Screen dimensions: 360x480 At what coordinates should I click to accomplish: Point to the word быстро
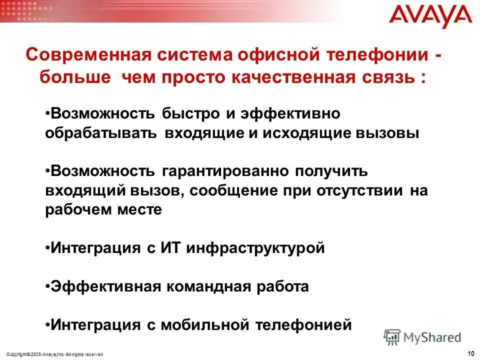(190, 114)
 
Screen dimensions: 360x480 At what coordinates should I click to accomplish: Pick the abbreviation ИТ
(170, 248)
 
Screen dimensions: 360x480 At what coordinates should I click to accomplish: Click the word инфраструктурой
(255, 248)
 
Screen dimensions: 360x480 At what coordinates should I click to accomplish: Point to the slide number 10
(470, 354)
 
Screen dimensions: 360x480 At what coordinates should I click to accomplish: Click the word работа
(286, 287)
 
